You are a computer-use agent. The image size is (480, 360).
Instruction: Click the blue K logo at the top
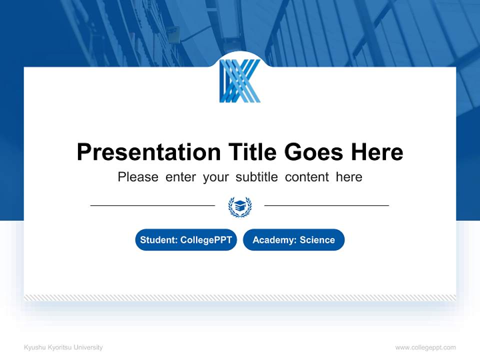click(x=239, y=81)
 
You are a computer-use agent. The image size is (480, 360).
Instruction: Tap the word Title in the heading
click(x=252, y=152)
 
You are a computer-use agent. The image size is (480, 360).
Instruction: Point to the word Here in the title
click(x=377, y=152)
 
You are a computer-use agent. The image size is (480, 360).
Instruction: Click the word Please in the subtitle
click(x=138, y=177)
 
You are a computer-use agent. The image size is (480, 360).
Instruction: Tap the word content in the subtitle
click(x=307, y=177)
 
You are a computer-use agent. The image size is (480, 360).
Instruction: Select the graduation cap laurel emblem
click(x=240, y=206)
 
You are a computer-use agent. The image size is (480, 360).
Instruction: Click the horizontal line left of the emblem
click(x=152, y=205)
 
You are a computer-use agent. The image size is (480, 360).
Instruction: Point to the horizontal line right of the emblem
click(x=326, y=205)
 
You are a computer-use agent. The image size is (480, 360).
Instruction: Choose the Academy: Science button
click(x=293, y=240)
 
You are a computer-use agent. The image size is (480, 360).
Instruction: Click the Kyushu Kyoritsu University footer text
click(x=63, y=347)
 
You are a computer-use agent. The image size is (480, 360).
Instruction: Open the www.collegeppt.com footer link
click(x=425, y=347)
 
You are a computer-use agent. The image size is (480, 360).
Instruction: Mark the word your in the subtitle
click(x=215, y=177)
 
